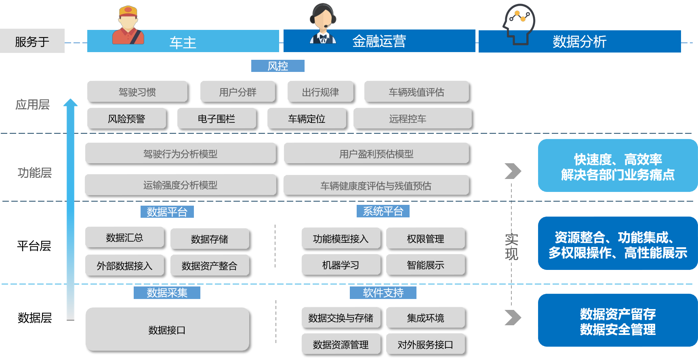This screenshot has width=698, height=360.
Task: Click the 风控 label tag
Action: point(278,66)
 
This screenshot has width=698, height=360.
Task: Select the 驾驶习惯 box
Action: point(137,92)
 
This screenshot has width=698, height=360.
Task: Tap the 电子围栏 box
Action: point(217,118)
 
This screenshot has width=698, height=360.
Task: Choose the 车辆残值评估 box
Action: point(416,92)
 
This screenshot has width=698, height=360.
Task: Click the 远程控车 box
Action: point(412,118)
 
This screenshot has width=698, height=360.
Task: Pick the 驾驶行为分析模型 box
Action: point(180,153)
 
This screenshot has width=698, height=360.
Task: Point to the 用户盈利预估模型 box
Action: point(376,153)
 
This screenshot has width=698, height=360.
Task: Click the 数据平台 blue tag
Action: point(167,212)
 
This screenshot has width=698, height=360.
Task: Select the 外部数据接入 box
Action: point(124,265)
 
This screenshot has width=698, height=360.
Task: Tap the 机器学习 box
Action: point(341,265)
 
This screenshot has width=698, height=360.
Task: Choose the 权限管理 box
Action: point(425,238)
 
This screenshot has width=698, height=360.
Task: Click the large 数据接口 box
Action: point(167,329)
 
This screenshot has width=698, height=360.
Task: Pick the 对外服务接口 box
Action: point(425,344)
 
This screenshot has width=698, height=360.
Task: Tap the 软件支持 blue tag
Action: point(383,293)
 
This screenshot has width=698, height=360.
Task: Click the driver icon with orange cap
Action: point(128,25)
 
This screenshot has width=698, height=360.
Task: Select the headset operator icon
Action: point(323,24)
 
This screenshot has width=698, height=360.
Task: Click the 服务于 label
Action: point(32,41)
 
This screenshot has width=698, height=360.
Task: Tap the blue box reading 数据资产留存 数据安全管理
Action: point(617,320)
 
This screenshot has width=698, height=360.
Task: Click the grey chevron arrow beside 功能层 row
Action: point(513,171)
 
